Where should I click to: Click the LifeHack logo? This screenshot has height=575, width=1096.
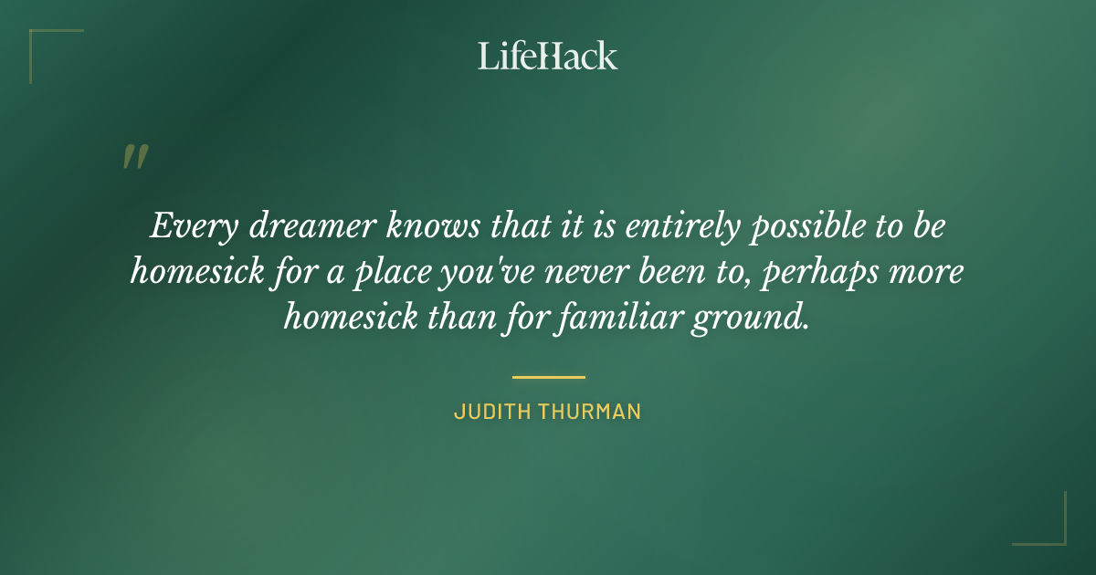pos(548,56)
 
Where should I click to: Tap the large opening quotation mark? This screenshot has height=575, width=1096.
pos(134,158)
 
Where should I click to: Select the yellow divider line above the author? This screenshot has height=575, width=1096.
pos(548,376)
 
